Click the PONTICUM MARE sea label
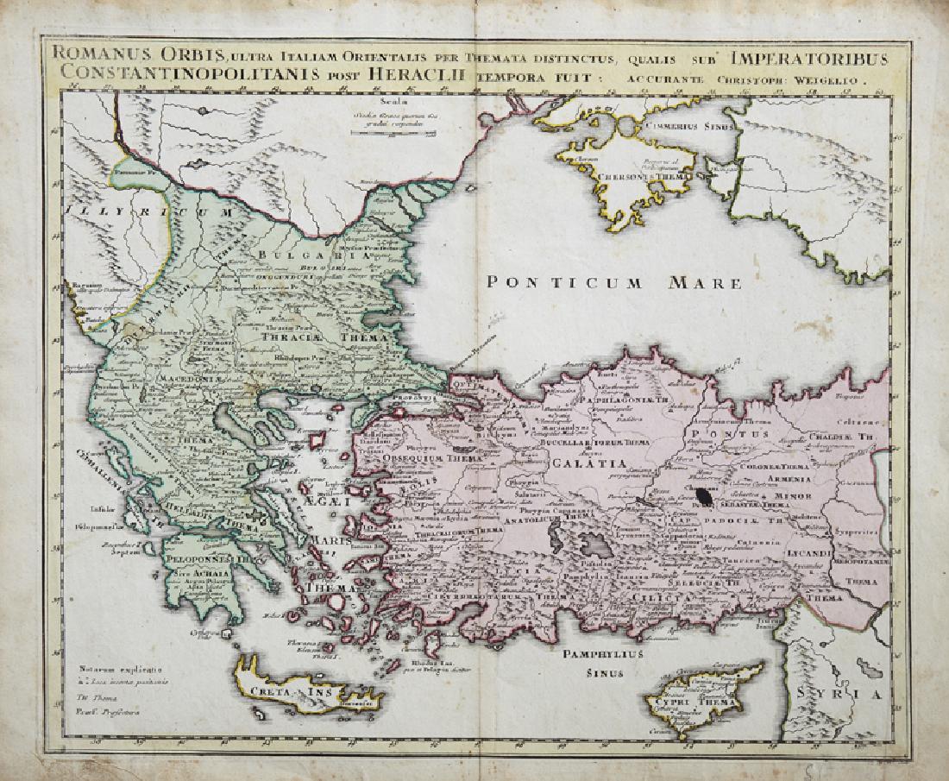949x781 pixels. (x=613, y=282)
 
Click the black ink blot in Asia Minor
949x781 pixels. (x=707, y=496)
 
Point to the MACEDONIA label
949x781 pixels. (x=191, y=378)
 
